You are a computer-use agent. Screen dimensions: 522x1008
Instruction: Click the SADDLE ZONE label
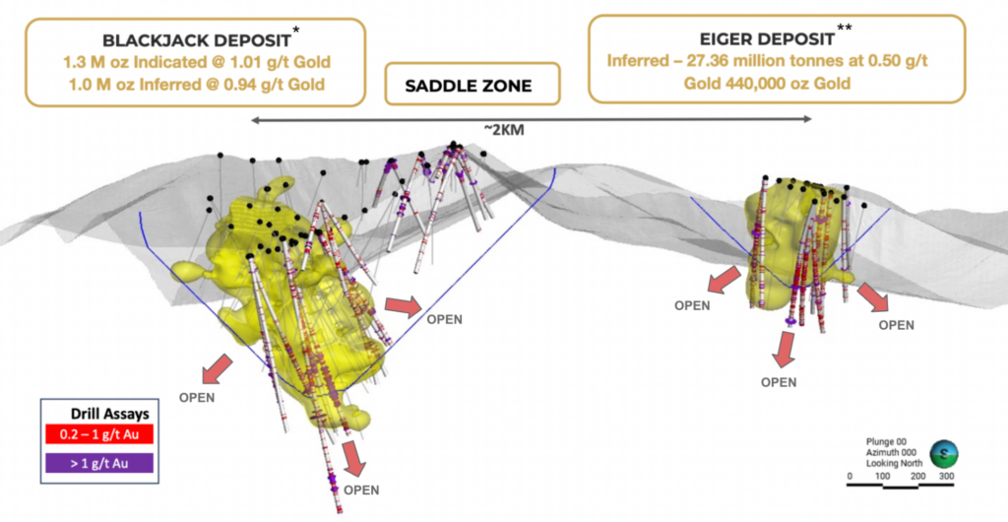(469, 86)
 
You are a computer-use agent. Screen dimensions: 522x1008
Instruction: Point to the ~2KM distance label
(504, 130)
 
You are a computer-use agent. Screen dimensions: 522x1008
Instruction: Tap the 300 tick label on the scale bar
(946, 476)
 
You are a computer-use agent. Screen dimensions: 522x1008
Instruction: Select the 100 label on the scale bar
(883, 476)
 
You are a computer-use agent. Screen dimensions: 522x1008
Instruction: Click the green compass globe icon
(943, 452)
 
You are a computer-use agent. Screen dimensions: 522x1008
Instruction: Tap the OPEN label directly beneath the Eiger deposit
(779, 382)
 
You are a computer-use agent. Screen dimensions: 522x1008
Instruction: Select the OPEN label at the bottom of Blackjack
(361, 489)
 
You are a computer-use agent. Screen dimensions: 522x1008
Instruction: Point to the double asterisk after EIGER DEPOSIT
(845, 28)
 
